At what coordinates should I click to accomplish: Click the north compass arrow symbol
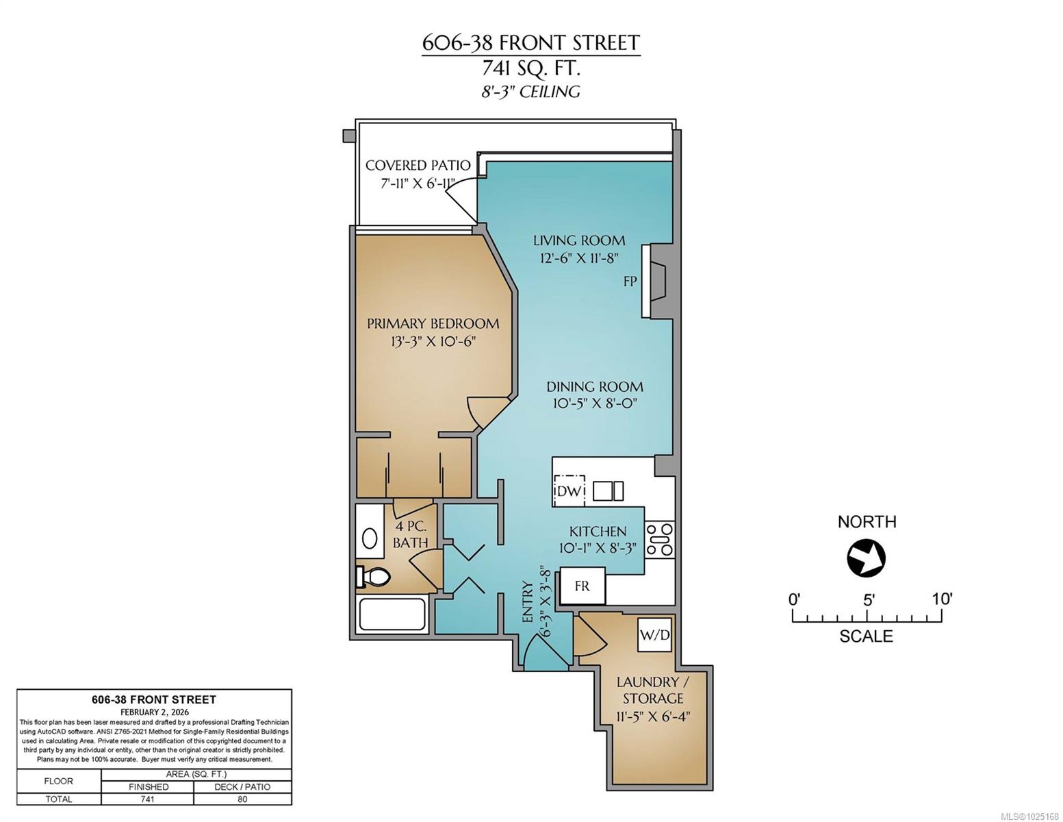pyautogui.click(x=867, y=558)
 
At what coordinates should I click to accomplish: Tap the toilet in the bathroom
pyautogui.click(x=373, y=576)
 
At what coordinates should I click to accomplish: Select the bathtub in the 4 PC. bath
pyautogui.click(x=392, y=614)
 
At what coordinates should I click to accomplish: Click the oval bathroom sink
pyautogui.click(x=370, y=539)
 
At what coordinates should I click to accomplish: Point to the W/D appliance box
pyautogui.click(x=654, y=636)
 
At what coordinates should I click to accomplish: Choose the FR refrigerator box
pyautogui.click(x=582, y=586)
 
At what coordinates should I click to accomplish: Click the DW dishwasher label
pyautogui.click(x=568, y=491)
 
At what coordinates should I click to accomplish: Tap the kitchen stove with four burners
pyautogui.click(x=658, y=540)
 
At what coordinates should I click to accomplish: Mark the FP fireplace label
pyautogui.click(x=630, y=282)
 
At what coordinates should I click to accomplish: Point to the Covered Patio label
pyautogui.click(x=418, y=165)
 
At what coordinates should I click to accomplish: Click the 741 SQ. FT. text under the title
pyautogui.click(x=530, y=68)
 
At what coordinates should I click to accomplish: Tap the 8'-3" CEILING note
pyautogui.click(x=530, y=92)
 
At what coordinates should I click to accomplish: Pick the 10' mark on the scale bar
pyautogui.click(x=941, y=599)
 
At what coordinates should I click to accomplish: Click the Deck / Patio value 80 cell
pyautogui.click(x=242, y=799)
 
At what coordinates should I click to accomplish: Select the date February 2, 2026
pyautogui.click(x=155, y=712)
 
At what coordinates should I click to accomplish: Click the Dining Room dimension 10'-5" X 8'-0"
pyautogui.click(x=595, y=404)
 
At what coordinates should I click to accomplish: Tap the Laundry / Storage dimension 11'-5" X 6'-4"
pyautogui.click(x=653, y=717)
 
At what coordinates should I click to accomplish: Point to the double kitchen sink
pyautogui.click(x=608, y=490)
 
